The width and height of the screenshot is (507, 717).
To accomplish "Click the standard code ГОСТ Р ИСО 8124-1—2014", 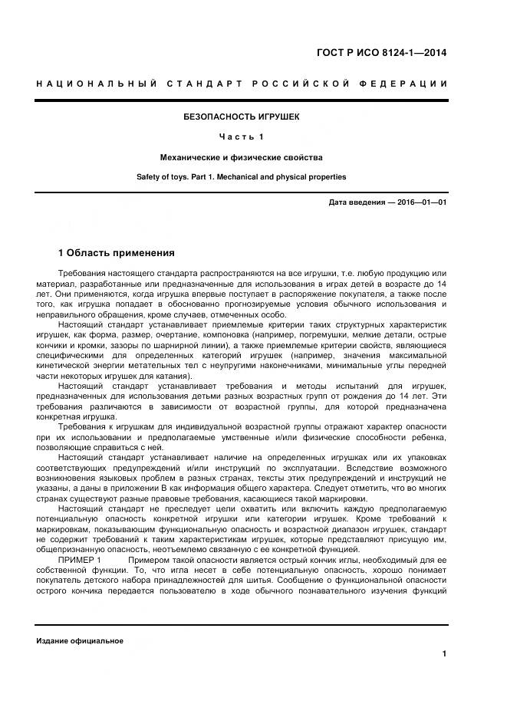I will pos(381,53).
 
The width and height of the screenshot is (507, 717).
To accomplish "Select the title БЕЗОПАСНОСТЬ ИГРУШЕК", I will pos(241,117).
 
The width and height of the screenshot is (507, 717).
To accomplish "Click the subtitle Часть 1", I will pos(241,137).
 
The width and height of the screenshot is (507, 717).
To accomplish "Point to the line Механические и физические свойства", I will pos(241,157).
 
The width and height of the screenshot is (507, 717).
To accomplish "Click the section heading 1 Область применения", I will pos(116,252).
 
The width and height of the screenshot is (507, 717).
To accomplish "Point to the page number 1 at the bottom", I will pos(444,653).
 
